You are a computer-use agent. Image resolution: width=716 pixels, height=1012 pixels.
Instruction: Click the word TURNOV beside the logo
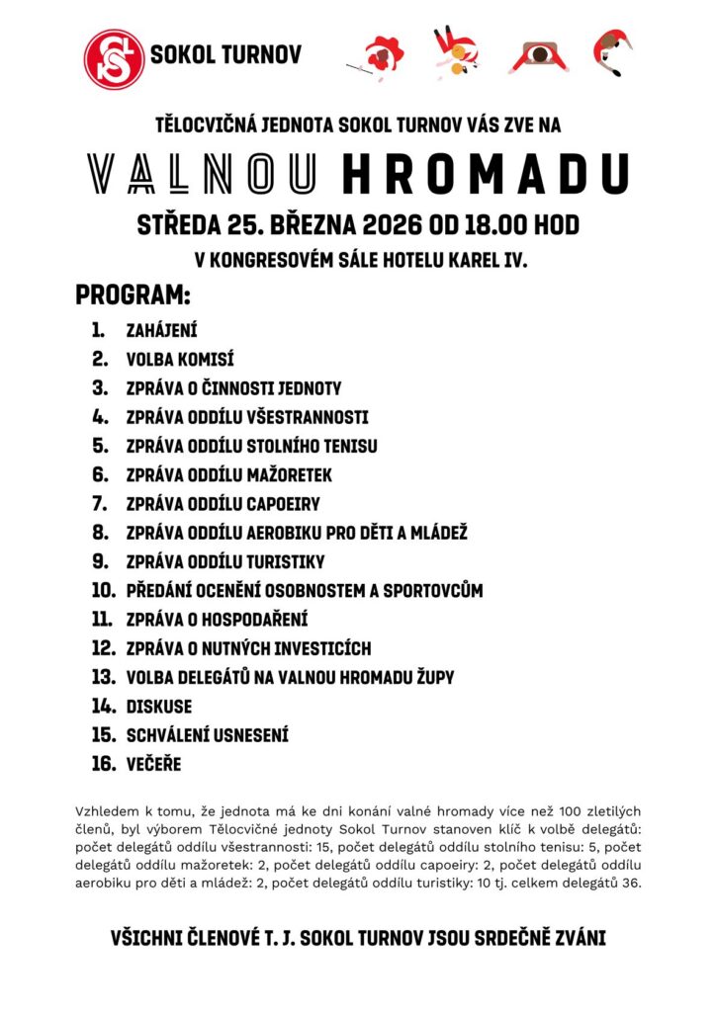[258, 55]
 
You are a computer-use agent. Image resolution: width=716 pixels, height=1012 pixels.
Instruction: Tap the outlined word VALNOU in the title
[203, 174]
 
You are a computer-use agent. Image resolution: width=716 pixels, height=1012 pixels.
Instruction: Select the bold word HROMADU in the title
[486, 174]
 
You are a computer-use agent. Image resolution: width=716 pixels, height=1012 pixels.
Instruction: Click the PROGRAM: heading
[133, 295]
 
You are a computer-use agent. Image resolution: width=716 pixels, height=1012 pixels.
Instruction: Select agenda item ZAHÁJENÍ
[162, 331]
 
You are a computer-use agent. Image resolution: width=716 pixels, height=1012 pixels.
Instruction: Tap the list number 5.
[100, 446]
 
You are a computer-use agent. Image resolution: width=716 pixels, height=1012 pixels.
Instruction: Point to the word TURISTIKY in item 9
[287, 561]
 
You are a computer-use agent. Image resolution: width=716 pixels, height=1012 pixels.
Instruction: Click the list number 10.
[103, 591]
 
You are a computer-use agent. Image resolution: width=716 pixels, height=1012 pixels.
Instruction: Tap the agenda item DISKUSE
[159, 707]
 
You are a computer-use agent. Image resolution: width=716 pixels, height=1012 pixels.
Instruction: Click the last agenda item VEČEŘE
[154, 764]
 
